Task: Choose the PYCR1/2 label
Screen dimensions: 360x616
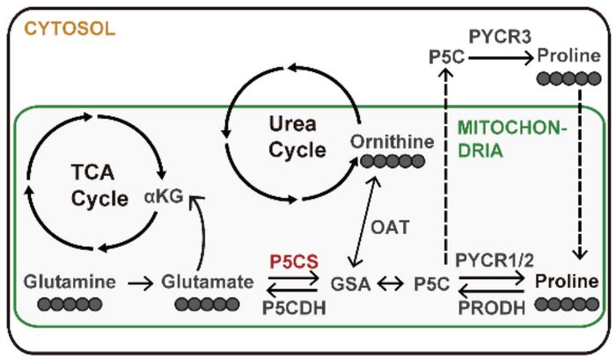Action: (493, 261)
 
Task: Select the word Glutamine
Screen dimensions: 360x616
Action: (70, 283)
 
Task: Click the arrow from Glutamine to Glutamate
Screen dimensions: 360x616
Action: (139, 283)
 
